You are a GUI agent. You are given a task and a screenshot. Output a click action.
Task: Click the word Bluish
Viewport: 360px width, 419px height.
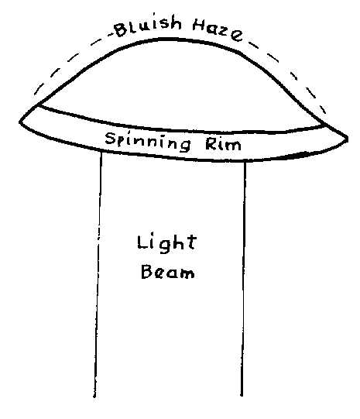(148, 25)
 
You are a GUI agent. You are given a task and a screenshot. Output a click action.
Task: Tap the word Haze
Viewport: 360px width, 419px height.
(218, 30)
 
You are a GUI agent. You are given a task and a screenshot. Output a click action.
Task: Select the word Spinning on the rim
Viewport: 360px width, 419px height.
(148, 142)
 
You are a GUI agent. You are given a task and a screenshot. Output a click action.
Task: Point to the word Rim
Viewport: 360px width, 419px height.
(223, 144)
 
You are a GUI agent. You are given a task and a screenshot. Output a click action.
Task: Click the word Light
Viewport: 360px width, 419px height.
(167, 243)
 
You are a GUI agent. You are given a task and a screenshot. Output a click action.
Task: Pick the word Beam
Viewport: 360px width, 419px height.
(168, 272)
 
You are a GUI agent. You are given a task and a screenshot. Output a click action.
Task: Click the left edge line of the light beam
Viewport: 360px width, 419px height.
(98, 275)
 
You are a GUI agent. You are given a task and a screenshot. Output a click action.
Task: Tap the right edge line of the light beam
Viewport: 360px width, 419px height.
(243, 279)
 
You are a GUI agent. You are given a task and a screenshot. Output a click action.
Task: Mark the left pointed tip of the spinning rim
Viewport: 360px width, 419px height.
(20, 122)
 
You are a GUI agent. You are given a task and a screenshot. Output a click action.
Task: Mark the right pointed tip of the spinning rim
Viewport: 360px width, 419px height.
(347, 139)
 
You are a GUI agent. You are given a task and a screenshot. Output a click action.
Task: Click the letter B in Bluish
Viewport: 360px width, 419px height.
(121, 30)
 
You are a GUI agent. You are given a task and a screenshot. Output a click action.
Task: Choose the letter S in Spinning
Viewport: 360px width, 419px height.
(110, 139)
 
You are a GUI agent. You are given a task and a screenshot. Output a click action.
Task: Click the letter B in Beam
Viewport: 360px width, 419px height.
(146, 272)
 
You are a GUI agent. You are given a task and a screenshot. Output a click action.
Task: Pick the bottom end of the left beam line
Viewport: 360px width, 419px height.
(94, 397)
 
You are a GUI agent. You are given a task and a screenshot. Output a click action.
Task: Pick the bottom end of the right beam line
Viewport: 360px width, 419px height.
(242, 396)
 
